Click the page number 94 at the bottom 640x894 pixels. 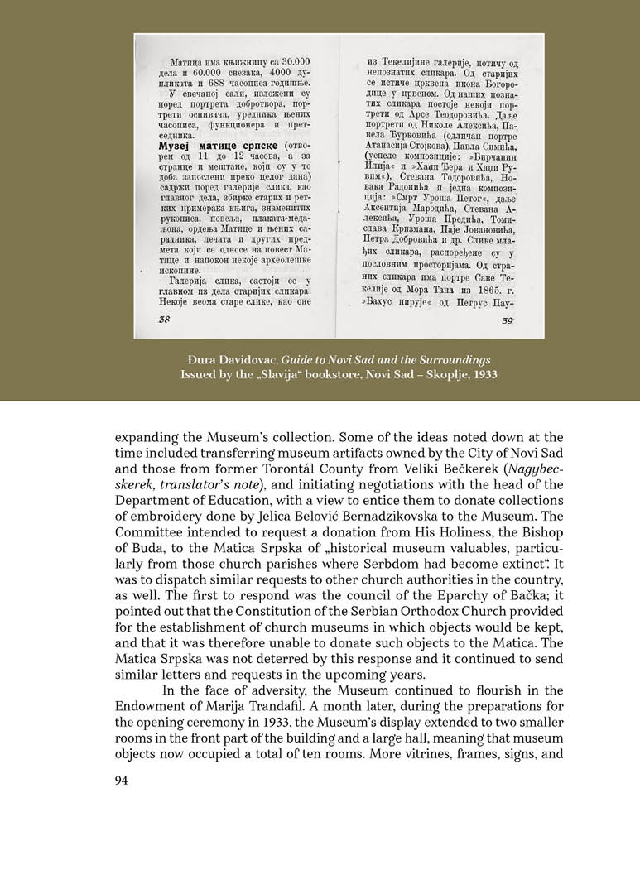point(123,778)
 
